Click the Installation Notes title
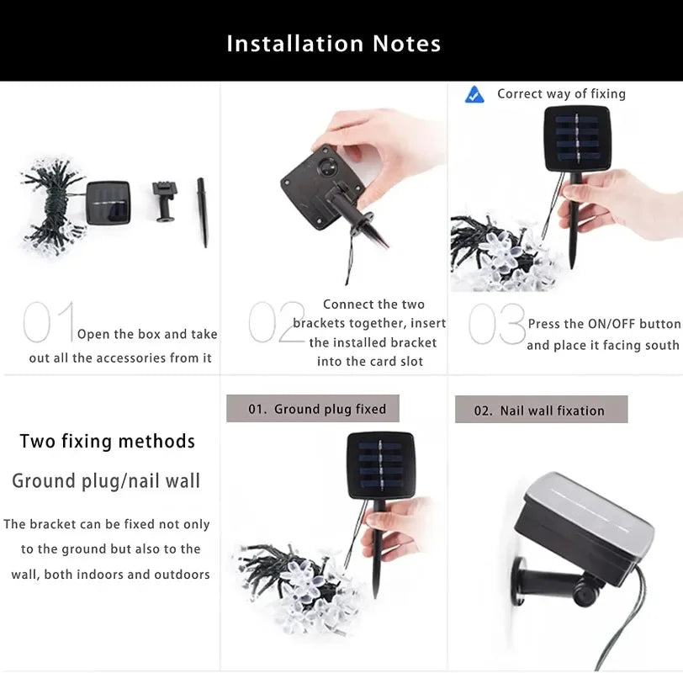[x=334, y=44]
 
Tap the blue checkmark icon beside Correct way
[x=474, y=94]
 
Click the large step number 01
[x=49, y=323]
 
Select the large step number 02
[x=276, y=323]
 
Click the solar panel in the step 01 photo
[x=109, y=202]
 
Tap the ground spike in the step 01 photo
[x=203, y=211]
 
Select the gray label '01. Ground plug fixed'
[x=313, y=409]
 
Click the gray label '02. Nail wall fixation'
[x=541, y=410]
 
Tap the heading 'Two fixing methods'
[x=107, y=442]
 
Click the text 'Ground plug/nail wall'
[x=106, y=481]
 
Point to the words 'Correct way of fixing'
[x=561, y=94]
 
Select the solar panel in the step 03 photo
[x=576, y=138]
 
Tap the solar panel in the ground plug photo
[x=381, y=466]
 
